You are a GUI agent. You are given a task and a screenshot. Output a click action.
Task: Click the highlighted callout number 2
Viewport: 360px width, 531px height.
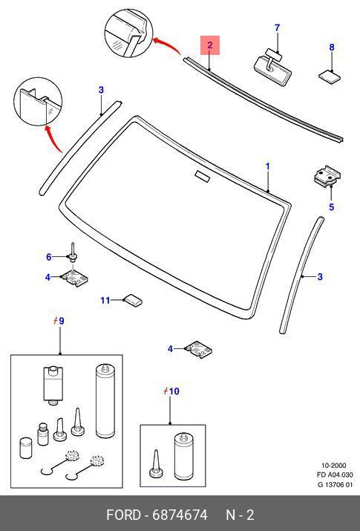coord(210,45)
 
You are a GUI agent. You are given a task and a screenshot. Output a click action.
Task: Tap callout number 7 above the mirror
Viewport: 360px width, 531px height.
coord(278,27)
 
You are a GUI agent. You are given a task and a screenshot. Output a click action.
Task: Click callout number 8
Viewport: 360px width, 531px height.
coord(332,48)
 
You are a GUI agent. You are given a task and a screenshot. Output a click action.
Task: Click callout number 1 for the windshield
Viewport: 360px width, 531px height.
coord(268,166)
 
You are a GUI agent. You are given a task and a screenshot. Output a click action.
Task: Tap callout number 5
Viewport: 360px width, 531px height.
coord(332,206)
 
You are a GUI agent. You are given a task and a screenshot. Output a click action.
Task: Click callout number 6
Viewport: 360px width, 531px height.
coord(49,258)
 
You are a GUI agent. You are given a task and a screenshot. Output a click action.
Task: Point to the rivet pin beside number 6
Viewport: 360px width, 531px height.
coord(73,253)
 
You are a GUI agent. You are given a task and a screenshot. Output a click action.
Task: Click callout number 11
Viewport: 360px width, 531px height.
coord(105,300)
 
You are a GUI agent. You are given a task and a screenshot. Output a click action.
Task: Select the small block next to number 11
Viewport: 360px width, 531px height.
coord(132,299)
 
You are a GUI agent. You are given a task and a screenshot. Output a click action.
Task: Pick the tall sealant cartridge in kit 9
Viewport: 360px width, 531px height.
coord(105,401)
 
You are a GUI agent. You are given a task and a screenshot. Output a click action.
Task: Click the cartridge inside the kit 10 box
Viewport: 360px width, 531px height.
coord(183,457)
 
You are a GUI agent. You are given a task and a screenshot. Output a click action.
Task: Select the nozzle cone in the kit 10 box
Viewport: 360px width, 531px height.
coord(155,463)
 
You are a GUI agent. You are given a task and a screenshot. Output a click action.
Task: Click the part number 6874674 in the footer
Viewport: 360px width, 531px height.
coord(180,515)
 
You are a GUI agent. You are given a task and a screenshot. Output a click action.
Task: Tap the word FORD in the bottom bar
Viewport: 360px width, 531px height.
coord(123,515)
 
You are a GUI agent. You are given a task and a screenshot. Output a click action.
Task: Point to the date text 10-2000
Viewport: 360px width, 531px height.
coord(333,466)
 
